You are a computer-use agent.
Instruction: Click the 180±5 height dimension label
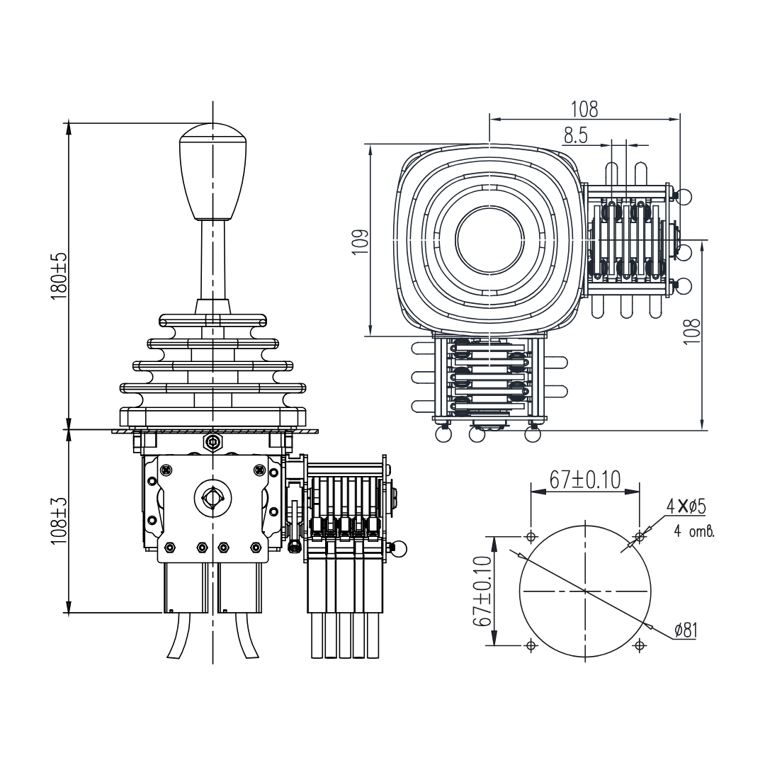click(59, 276)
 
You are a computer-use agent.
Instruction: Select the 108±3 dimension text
click(59, 521)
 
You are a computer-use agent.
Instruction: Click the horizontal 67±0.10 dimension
click(584, 480)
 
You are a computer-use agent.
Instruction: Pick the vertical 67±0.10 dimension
click(483, 590)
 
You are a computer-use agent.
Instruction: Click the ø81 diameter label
click(684, 629)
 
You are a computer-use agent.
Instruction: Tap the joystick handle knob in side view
click(212, 170)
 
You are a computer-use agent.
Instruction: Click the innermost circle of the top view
click(489, 241)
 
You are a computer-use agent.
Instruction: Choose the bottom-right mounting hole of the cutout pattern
click(640, 645)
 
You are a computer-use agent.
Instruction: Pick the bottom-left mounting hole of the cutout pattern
click(531, 645)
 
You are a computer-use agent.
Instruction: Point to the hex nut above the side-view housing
click(212, 443)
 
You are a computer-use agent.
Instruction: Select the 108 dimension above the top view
click(584, 108)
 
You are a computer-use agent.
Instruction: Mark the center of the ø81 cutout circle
click(585, 590)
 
